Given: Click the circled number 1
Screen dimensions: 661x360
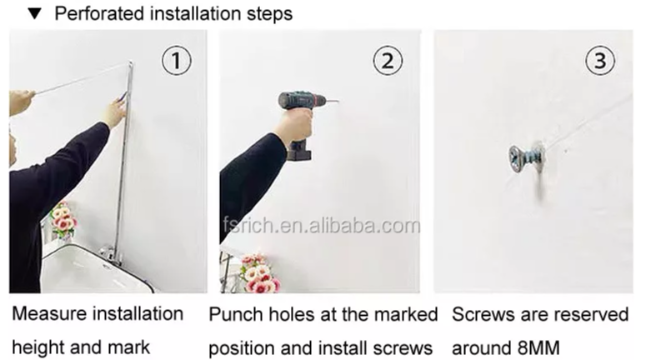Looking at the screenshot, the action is pos(177,61).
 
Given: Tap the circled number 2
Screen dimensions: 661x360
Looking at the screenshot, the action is pos(388,61).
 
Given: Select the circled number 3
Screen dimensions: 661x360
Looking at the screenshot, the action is pos(600,61).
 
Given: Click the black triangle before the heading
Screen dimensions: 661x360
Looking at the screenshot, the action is pos(34,14).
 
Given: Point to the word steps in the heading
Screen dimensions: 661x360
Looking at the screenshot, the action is pos(269,14).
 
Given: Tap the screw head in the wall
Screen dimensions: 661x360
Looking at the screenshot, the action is pos(517,158).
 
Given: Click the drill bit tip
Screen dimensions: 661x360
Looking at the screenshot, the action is pos(338,101).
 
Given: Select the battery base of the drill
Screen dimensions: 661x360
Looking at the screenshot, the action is pos(299,151).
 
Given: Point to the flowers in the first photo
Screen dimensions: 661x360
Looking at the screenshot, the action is pos(63,219).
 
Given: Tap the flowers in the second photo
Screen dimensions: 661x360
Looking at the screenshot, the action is pos(259,272).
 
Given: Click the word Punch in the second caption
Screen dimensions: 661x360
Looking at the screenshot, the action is pos(236,315).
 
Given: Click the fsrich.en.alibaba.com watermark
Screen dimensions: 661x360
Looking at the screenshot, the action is pos(322,226).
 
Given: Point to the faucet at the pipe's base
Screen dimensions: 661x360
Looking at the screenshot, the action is pos(109,255).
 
